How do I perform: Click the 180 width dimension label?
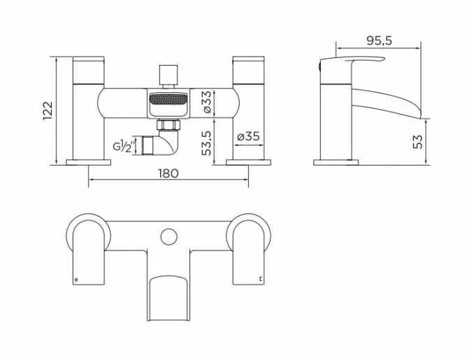pos(169,173)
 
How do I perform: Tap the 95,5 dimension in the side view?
pos(378,41)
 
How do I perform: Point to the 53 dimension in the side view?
pos(417,141)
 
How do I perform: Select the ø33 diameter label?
pos(206,102)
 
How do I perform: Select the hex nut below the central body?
pos(167,125)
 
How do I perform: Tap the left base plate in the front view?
pos(89,162)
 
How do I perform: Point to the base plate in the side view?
pos(336,162)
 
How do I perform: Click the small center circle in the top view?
pos(167,236)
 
